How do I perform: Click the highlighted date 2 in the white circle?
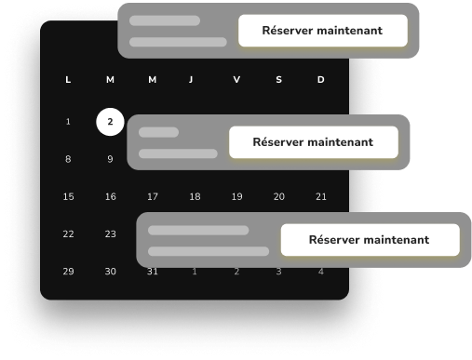tap(110, 122)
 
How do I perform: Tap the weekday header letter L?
tap(68, 80)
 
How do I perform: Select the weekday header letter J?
tap(191, 80)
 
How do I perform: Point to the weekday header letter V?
tap(236, 80)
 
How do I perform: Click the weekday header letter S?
tap(279, 80)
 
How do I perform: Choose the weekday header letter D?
tap(321, 80)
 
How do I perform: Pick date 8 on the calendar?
tap(68, 159)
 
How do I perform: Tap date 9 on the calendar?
tap(110, 159)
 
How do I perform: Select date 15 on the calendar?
tap(68, 196)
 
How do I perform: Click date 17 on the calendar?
tap(153, 196)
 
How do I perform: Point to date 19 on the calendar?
tap(236, 196)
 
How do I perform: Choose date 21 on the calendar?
tap(321, 196)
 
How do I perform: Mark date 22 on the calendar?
tap(68, 233)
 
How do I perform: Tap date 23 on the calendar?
tap(110, 233)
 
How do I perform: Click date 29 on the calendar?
tap(68, 272)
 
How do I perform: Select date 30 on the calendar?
tap(110, 272)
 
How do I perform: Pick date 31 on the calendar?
tap(153, 272)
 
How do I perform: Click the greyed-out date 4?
tap(321, 272)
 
